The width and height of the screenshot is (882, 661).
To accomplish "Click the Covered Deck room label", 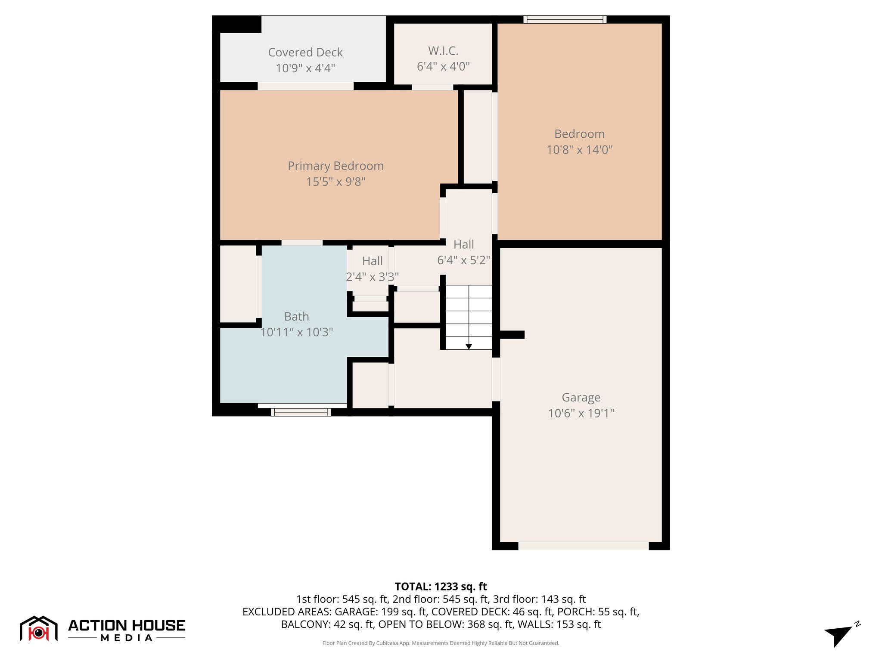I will pyautogui.click(x=305, y=53).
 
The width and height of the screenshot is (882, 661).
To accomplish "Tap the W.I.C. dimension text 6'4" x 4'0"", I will pyautogui.click(x=443, y=67).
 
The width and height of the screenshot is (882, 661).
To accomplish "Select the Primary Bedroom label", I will pyautogui.click(x=335, y=166).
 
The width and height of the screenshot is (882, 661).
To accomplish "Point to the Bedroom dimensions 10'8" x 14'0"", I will pyautogui.click(x=579, y=150).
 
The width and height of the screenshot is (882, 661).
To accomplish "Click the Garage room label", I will pyautogui.click(x=581, y=398).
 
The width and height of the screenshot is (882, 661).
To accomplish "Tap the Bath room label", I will pyautogui.click(x=296, y=317).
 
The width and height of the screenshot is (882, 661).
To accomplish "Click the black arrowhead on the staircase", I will pyautogui.click(x=469, y=346).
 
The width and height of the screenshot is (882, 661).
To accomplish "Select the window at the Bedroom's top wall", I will pyautogui.click(x=565, y=19).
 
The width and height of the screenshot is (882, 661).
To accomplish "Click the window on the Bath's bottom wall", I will pyautogui.click(x=301, y=412).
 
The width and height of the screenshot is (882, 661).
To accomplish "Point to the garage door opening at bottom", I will pyautogui.click(x=583, y=546).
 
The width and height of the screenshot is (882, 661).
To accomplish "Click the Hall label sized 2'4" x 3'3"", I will pyautogui.click(x=372, y=261).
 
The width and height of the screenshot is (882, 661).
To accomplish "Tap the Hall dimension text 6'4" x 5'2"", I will pyautogui.click(x=463, y=260).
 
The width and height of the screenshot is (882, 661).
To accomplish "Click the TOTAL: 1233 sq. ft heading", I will pyautogui.click(x=441, y=587).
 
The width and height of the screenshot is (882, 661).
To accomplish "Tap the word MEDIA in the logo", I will pyautogui.click(x=127, y=638).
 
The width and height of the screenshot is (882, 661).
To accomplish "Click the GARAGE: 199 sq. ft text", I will pyautogui.click(x=381, y=612).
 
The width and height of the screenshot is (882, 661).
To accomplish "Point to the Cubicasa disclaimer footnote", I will pyautogui.click(x=441, y=643).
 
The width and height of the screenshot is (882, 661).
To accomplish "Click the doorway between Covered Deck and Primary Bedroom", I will pyautogui.click(x=305, y=86).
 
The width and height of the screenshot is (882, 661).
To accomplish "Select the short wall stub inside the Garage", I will pyautogui.click(x=512, y=334).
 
